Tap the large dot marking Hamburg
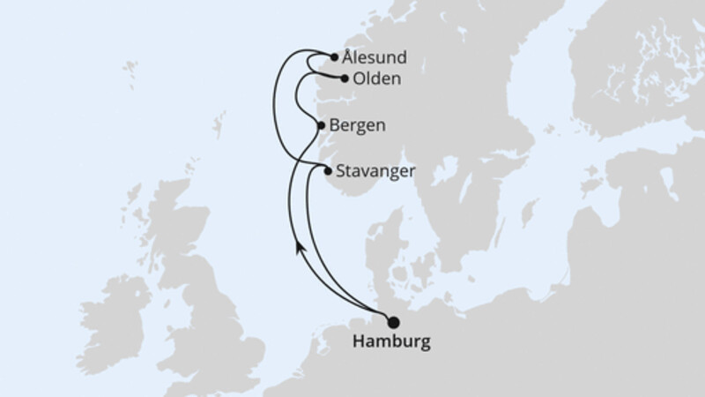tap(393, 323)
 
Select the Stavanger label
tap(377, 171)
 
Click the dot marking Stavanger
tap(328, 171)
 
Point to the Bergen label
tap(360, 125)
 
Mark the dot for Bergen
tap(321, 125)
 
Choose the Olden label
tap(376, 79)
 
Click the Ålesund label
tap(375, 58)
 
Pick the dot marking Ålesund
tap(335, 57)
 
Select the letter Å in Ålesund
tap(350, 57)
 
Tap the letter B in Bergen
tap(336, 125)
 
